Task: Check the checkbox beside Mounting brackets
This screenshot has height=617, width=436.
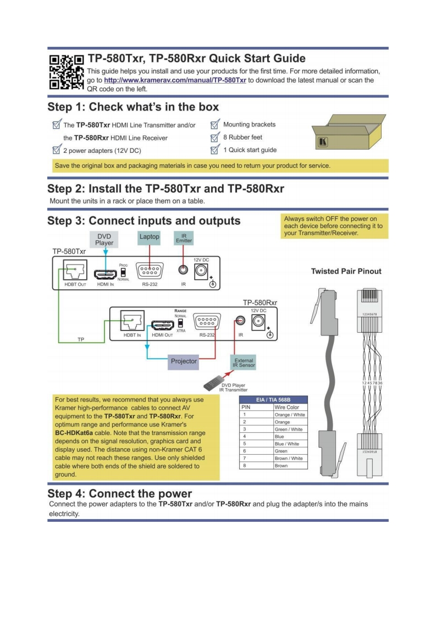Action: [215, 125]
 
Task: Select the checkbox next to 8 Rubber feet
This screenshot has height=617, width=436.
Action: [215, 137]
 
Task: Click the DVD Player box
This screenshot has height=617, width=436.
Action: [104, 239]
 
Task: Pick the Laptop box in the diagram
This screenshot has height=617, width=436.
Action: [149, 237]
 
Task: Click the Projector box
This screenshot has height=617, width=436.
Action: [184, 362]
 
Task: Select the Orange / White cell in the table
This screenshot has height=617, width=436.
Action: [290, 415]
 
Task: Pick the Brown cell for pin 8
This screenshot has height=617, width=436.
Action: [290, 465]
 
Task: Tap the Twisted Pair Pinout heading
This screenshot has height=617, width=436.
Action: [346, 271]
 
